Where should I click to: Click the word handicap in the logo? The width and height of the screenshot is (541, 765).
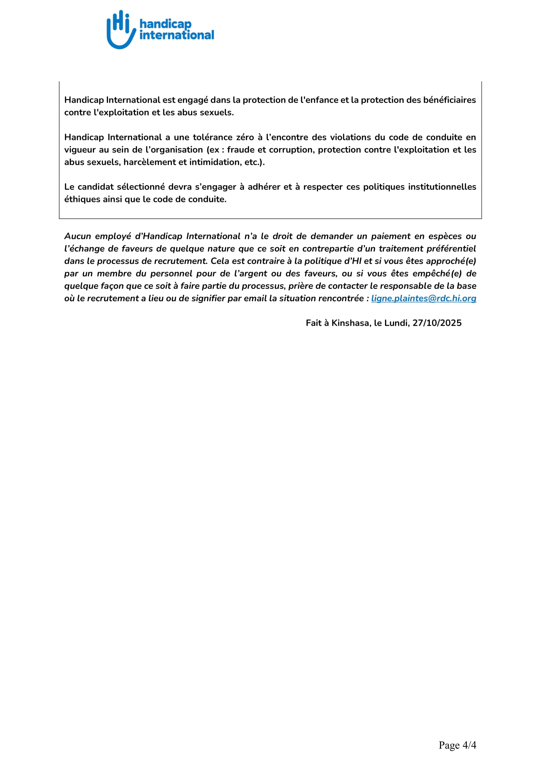coord(165,24)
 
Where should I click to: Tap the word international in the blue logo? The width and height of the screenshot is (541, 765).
coord(177,35)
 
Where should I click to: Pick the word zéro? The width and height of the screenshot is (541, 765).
coord(245,137)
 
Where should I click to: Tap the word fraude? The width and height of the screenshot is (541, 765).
coord(241,149)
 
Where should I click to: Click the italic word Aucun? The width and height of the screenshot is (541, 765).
coord(78,236)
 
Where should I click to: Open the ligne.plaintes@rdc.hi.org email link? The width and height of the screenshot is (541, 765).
coord(423,298)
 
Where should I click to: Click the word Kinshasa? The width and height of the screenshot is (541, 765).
coord(350,323)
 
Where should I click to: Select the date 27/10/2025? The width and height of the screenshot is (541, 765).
coord(437,323)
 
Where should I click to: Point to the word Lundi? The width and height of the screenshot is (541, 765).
coord(396,323)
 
